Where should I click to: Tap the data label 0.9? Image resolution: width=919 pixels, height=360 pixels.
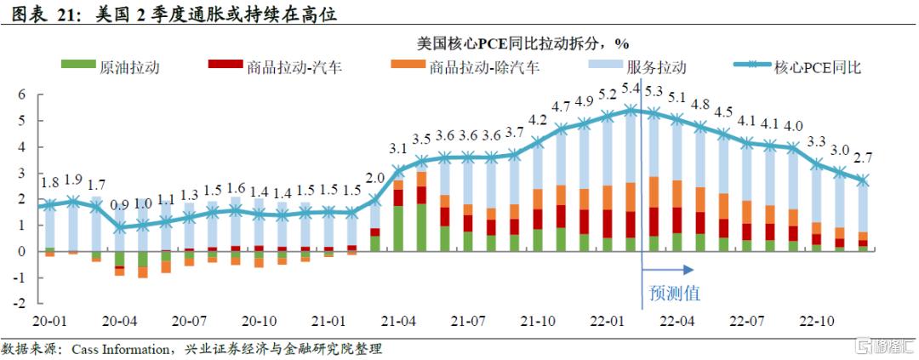pos(120,204)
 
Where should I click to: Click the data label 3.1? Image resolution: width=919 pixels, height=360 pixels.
pos(398,148)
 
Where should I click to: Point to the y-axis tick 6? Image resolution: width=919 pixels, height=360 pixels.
pos(24,94)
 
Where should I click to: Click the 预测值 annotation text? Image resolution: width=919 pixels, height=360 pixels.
pos(675,293)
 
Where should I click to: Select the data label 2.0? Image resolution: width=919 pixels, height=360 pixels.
pos(375,178)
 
